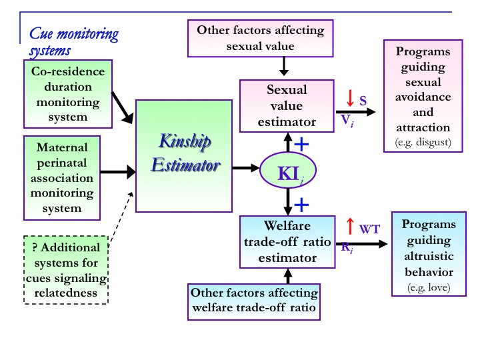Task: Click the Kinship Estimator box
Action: pos(183,155)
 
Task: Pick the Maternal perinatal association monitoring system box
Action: pos(62,177)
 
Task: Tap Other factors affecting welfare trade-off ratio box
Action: pos(255,300)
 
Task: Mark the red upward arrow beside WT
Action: pos(349,226)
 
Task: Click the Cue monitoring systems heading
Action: pos(73,41)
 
